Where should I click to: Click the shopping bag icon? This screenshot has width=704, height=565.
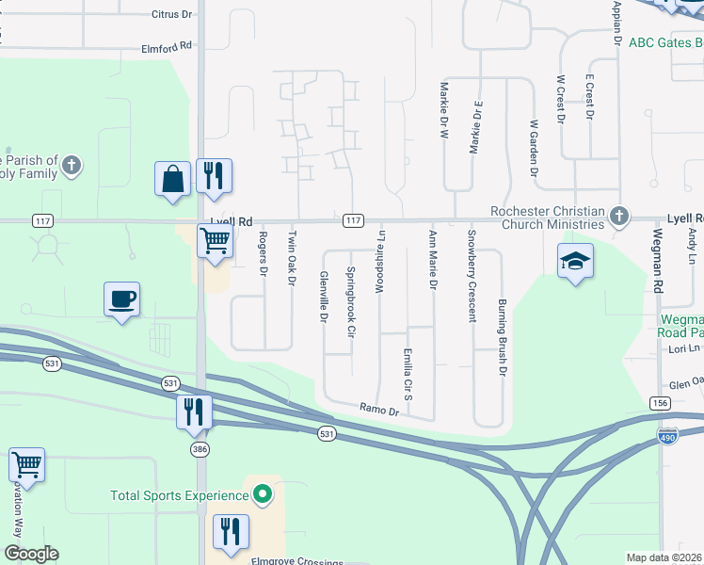174,178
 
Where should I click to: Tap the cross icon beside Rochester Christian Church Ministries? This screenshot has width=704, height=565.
618,216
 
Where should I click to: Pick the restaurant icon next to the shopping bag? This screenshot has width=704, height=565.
214,176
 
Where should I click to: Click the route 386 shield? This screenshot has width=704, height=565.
198,450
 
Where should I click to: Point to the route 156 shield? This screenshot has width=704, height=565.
659,402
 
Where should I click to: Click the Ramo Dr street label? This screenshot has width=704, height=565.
379,408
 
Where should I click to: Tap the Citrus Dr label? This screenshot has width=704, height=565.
171,15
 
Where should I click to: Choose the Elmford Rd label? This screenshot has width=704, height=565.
167,45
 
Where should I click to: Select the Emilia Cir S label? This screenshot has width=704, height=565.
408,374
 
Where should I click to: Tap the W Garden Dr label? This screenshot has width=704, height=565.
533,148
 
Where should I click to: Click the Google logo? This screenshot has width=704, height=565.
31,554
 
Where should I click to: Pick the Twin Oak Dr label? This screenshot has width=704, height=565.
292,258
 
